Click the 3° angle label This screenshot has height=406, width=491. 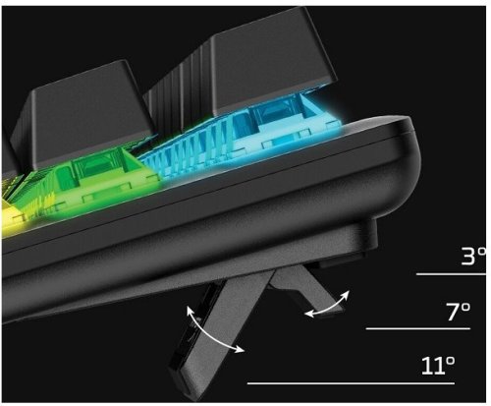(473, 257)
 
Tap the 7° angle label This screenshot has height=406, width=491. (459, 312)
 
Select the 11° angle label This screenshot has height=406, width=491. (438, 366)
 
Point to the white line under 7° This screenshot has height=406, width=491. (418, 328)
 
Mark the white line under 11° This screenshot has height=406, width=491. (351, 382)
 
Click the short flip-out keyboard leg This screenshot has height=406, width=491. (302, 288)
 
